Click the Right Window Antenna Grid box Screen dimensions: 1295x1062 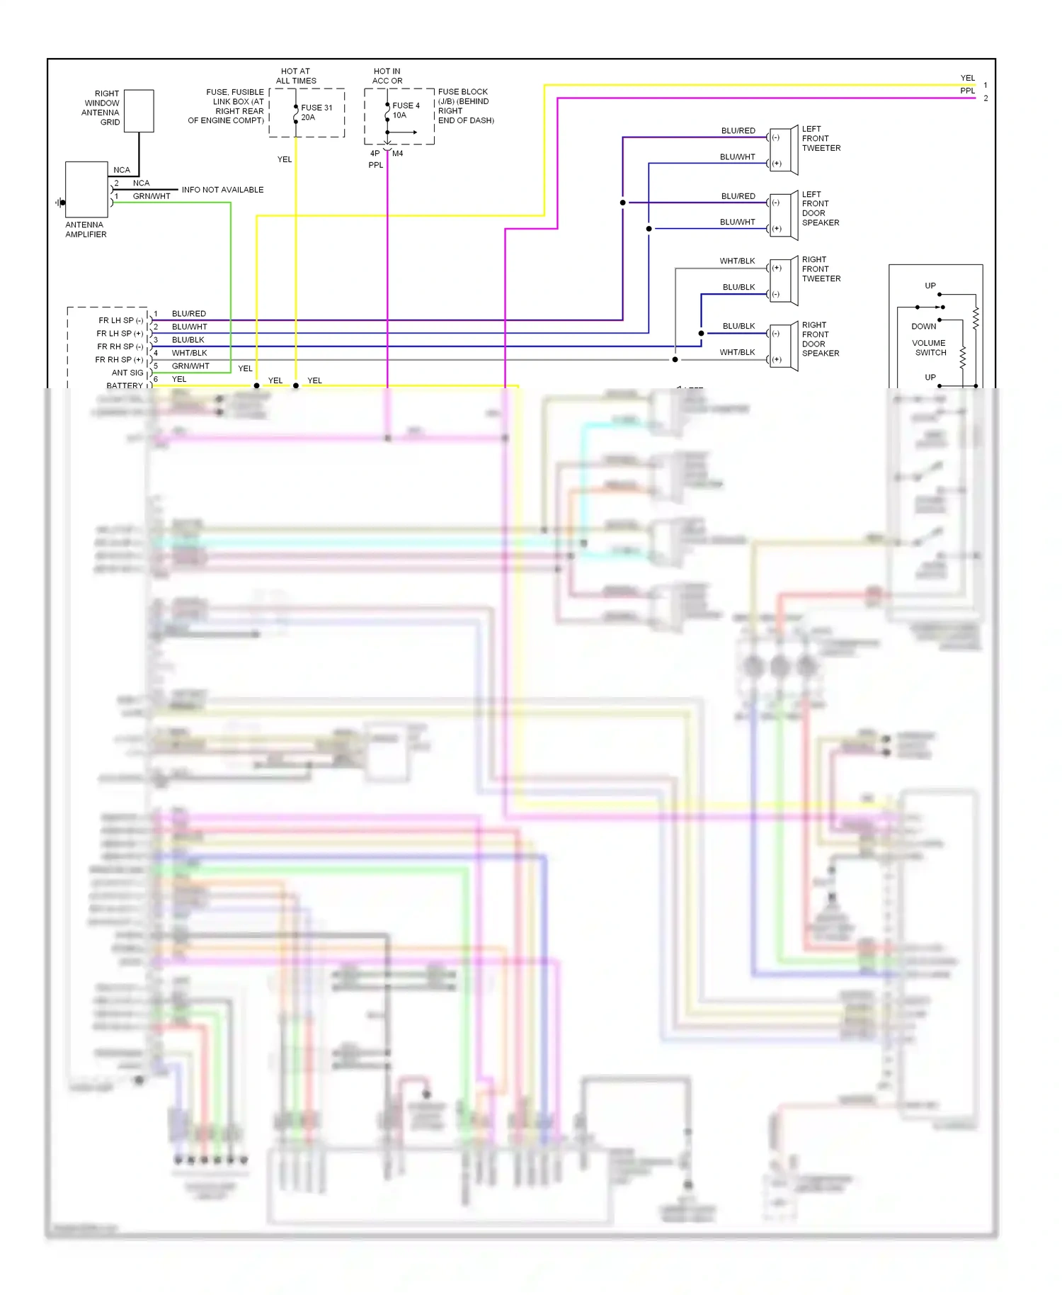139,111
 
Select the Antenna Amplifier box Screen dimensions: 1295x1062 86,189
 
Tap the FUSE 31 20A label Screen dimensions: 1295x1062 316,113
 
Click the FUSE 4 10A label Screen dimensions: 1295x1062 405,111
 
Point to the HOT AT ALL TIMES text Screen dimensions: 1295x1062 296,76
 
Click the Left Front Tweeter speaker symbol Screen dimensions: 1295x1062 784,150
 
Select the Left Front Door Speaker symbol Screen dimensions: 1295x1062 784,215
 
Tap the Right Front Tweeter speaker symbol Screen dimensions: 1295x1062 784,281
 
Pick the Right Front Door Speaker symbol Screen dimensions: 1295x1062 784,346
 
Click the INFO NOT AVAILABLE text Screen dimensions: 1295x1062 222,190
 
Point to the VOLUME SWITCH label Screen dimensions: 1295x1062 930,348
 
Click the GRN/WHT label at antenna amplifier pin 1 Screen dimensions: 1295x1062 152,196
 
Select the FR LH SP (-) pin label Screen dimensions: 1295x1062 120,320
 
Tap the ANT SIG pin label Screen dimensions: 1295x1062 127,373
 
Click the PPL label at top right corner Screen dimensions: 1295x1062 967,91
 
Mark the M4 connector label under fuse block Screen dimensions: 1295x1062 398,153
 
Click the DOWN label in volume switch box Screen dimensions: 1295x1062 923,327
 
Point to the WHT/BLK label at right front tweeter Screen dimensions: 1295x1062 737,261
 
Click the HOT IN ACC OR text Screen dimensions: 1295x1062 387,76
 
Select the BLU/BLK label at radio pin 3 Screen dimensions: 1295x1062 188,340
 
